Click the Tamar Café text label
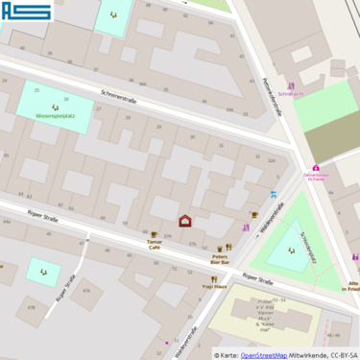[x=154, y=245]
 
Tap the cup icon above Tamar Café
[x=154, y=233]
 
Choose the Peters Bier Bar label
[x=221, y=258]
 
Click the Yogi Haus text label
[x=213, y=286]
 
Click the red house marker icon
[x=185, y=221]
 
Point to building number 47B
[x=31, y=307]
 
